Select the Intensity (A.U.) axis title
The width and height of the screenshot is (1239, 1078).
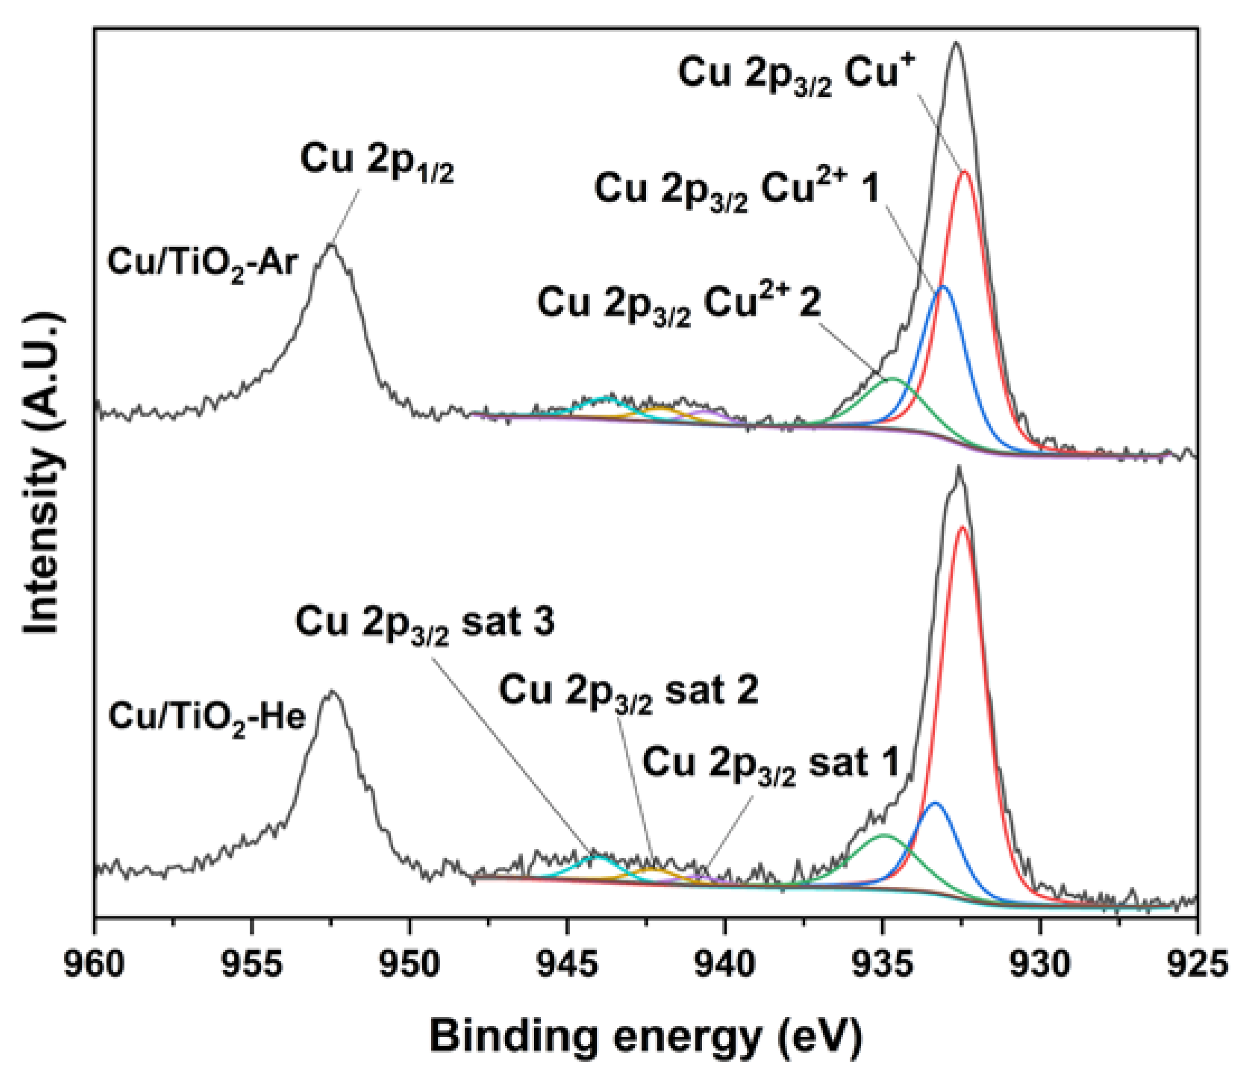(x=42, y=473)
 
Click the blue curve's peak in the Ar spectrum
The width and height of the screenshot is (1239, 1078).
(x=942, y=287)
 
